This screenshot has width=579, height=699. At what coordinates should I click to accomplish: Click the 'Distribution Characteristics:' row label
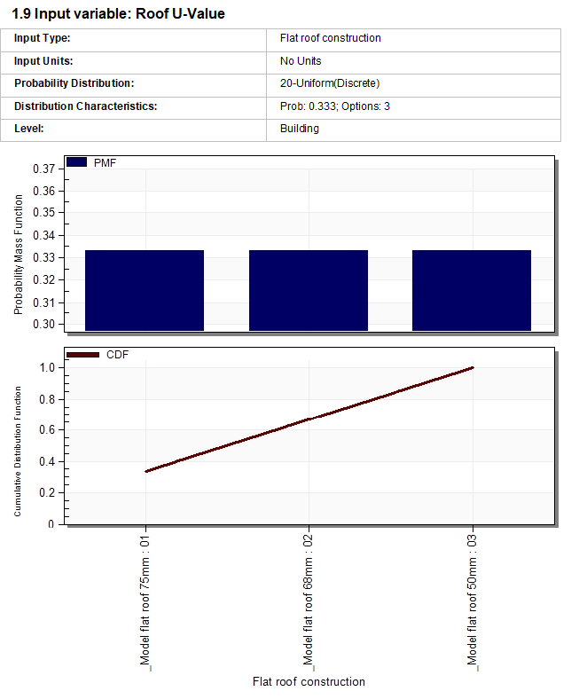[x=85, y=106]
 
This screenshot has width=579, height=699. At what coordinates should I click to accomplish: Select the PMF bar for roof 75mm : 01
[x=145, y=290]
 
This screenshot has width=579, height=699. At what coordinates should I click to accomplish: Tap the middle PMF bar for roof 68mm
[x=309, y=290]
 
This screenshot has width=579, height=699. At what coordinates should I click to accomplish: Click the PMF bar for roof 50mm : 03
[x=472, y=290]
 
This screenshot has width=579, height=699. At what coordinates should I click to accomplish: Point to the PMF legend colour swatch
[x=77, y=163]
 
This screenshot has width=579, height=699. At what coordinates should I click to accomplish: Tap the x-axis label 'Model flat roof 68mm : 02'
[x=309, y=599]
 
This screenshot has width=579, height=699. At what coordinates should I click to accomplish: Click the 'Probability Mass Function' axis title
[x=19, y=255]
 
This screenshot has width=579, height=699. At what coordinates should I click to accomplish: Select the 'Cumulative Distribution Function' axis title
[x=18, y=444]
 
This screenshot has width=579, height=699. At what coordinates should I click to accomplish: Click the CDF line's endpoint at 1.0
[x=473, y=367]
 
